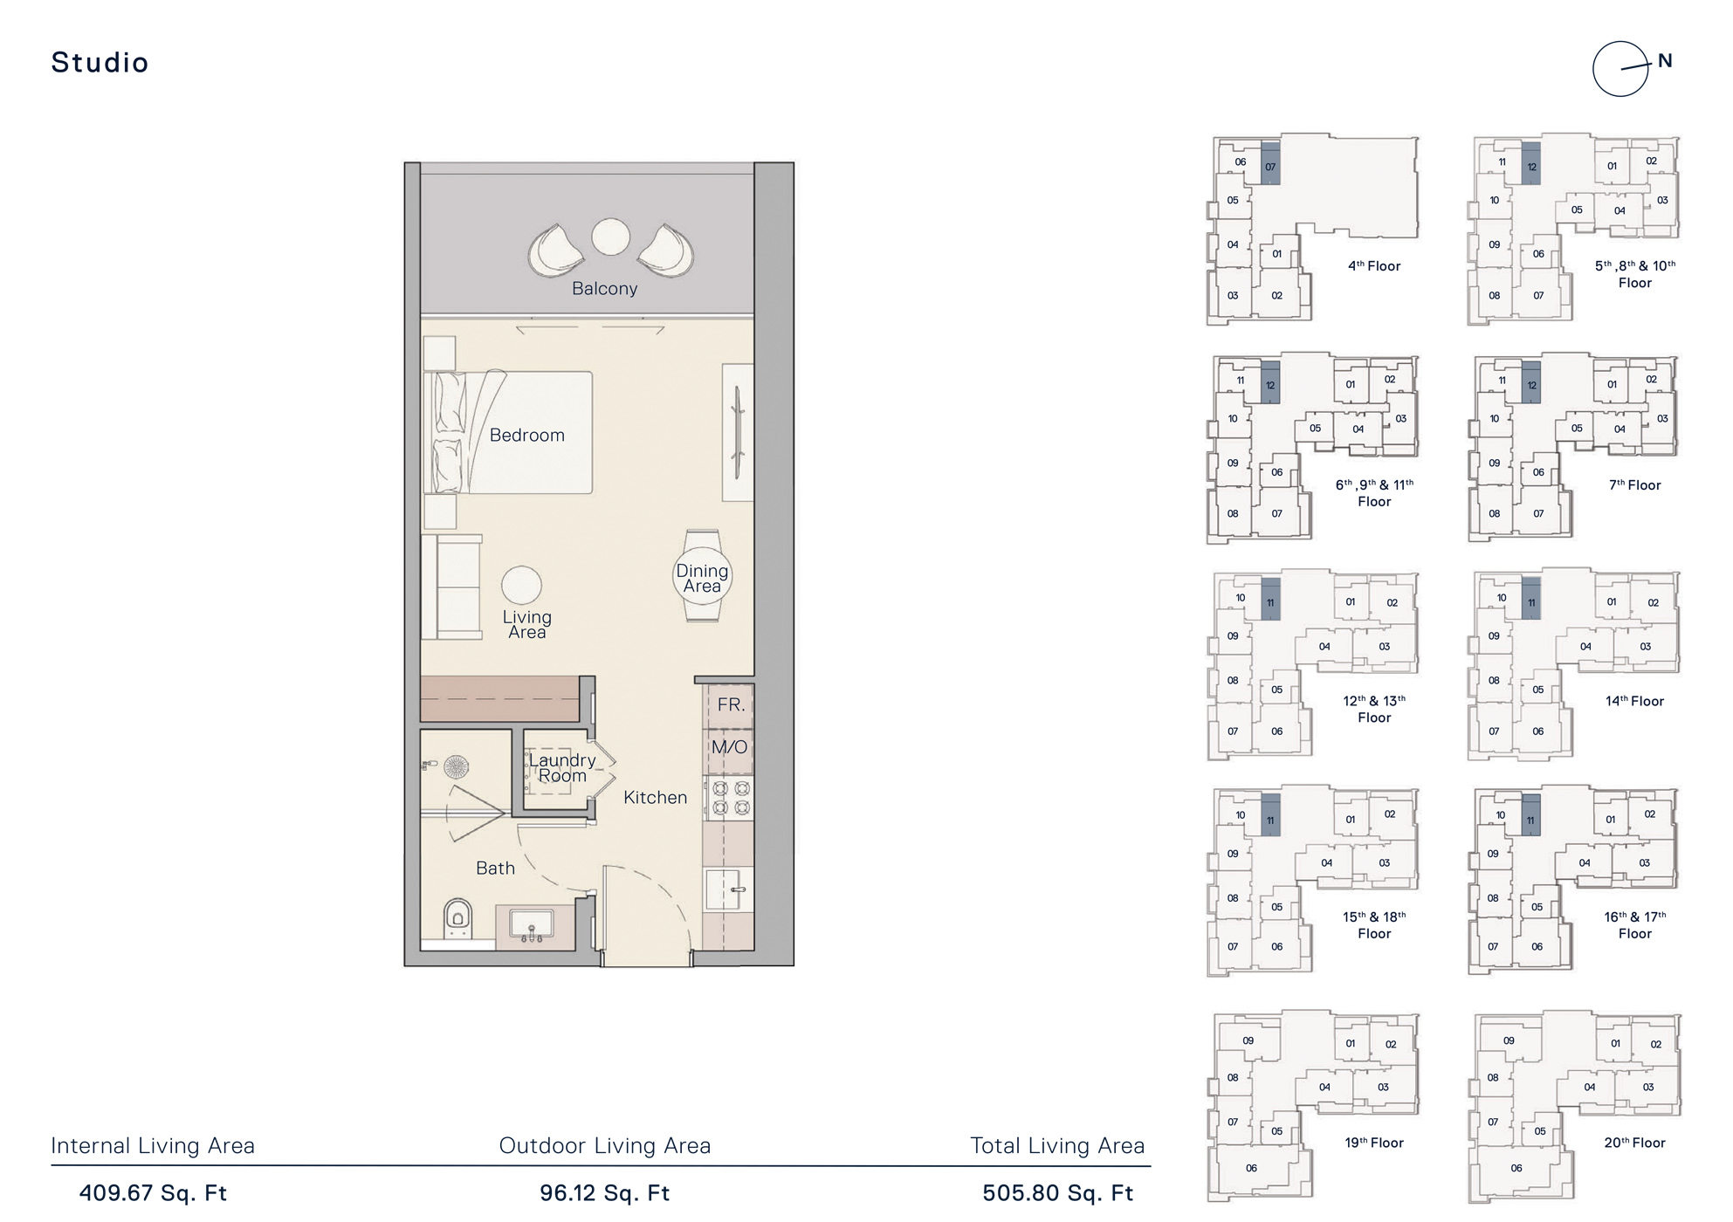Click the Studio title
tap(100, 63)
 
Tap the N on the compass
tap(1665, 61)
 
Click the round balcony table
tap(610, 237)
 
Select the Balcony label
tap(604, 289)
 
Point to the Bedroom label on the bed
tap(526, 435)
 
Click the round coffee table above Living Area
tap(521, 585)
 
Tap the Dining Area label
tap(702, 578)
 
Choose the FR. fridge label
tap(730, 704)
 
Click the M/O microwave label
tap(729, 747)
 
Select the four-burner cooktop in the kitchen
tap(731, 799)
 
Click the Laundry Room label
tap(562, 768)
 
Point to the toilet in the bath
tap(458, 918)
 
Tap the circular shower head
tap(456, 767)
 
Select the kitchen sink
tap(728, 889)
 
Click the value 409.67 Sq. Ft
tap(154, 1193)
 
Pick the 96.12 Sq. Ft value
tap(604, 1193)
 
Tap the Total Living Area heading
tap(1057, 1146)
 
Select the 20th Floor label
tap(1634, 1143)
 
